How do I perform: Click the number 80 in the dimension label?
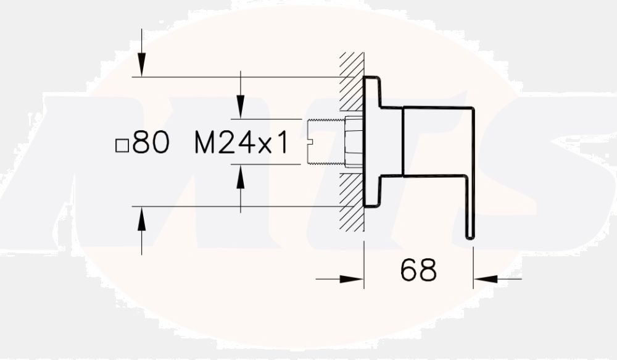coord(151,143)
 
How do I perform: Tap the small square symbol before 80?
coord(122,146)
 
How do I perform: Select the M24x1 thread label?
coord(241,143)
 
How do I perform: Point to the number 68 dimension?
coord(418,270)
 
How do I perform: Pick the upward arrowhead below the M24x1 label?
coord(241,177)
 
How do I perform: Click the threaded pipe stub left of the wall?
coord(325,141)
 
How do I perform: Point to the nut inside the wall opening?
coord(354,141)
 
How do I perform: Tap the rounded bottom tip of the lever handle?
coord(470,234)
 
